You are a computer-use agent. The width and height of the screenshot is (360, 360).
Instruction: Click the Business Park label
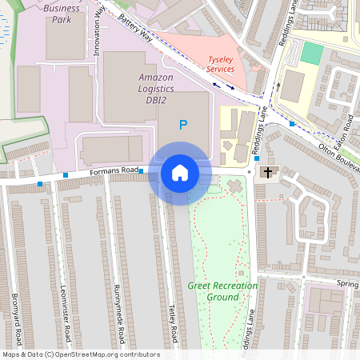tap(62, 14)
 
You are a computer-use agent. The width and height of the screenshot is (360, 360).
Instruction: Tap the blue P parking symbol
tap(183, 125)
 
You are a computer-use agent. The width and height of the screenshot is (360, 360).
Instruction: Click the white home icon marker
tap(180, 173)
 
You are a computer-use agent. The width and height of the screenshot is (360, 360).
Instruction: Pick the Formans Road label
tap(114, 170)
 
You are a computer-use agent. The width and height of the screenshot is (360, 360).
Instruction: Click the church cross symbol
tap(267, 172)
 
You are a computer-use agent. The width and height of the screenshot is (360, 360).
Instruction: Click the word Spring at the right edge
tap(348, 284)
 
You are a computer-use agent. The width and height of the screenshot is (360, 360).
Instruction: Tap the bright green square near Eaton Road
tap(311, 54)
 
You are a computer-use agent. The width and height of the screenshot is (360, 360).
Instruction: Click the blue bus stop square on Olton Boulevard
tap(292, 124)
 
